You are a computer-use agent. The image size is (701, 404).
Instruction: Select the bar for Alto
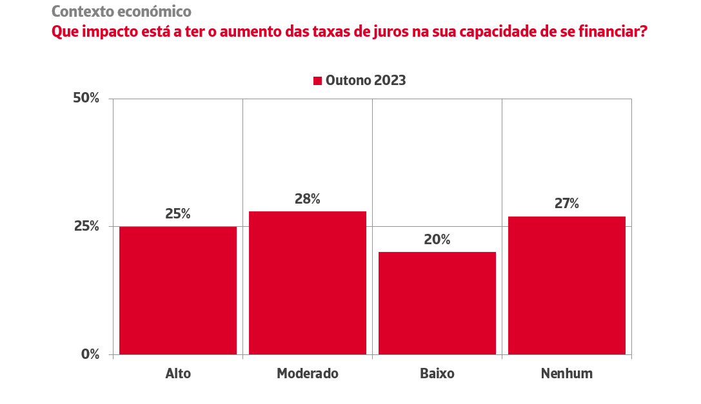point(178,290)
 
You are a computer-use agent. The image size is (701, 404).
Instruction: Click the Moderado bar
point(308,283)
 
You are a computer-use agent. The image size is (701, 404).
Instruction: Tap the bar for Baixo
point(437,303)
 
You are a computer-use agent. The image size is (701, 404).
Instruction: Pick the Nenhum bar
point(567,285)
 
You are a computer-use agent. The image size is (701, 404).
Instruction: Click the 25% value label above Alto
point(178,214)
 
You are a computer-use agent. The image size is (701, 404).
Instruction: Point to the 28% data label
point(308,199)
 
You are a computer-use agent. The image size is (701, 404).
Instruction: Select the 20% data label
point(437,240)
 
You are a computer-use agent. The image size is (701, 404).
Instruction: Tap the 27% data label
point(567,204)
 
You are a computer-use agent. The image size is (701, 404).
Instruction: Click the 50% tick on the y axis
point(86,99)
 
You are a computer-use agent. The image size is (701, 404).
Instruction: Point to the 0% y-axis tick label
point(90,354)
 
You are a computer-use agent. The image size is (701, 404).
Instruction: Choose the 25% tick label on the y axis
point(86,226)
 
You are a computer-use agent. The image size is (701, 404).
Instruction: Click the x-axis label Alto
point(178,374)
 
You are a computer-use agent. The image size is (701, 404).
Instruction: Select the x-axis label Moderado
point(308,374)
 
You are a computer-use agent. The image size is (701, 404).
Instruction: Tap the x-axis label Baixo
point(437,374)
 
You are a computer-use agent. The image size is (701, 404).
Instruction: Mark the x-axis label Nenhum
point(567,374)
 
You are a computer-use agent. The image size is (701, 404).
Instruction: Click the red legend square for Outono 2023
point(317,81)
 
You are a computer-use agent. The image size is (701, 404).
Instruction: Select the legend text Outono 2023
point(366,81)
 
